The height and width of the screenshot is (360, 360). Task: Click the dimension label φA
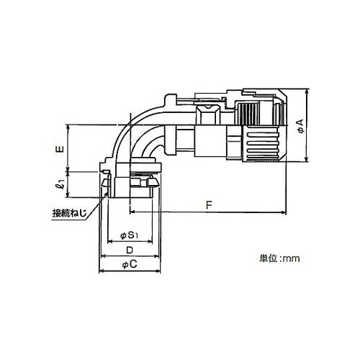click(300, 126)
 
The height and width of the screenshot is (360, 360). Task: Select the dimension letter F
click(209, 205)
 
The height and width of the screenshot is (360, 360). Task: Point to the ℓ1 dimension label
click(61, 184)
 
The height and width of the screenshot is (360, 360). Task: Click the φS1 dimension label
click(129, 235)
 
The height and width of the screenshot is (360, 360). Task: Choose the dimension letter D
click(130, 250)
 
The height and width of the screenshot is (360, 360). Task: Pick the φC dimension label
click(130, 265)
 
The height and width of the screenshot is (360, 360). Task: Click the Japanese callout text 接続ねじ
click(69, 213)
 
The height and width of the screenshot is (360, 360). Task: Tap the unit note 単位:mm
click(279, 258)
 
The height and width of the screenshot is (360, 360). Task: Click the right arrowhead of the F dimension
click(284, 212)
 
